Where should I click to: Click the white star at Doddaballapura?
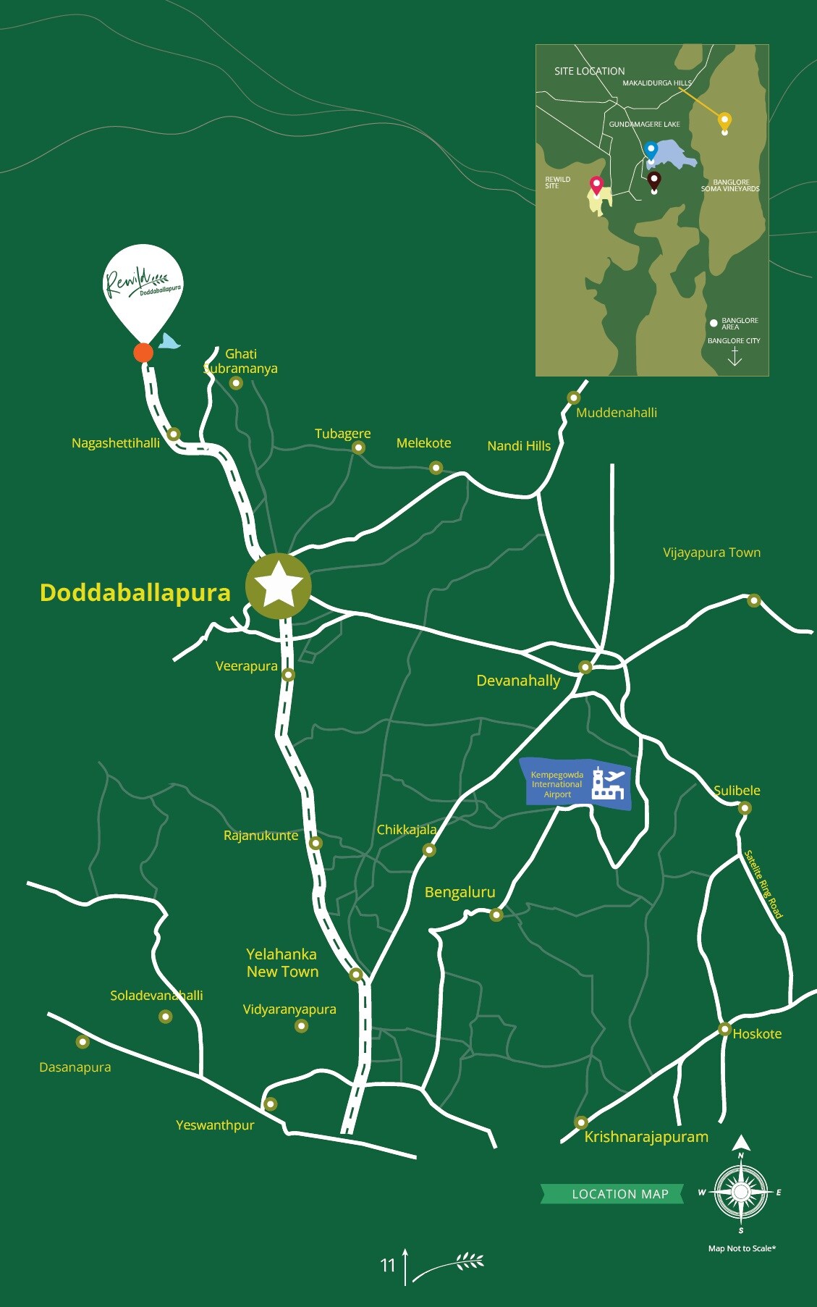click(279, 586)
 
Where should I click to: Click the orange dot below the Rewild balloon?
click(143, 353)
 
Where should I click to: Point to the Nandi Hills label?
click(519, 446)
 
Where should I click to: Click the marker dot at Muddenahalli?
click(574, 398)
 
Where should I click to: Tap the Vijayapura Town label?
click(711, 552)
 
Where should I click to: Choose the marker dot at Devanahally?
click(585, 667)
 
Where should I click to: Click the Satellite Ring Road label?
click(763, 884)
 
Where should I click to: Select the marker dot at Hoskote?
click(724, 1029)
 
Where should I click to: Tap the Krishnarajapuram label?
click(646, 1137)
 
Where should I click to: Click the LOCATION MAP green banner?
click(612, 1194)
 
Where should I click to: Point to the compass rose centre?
click(740, 1192)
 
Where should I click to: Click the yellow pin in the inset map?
click(724, 122)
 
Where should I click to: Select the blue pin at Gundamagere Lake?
click(651, 150)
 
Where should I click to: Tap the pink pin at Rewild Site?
click(596, 185)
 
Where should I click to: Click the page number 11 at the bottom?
click(388, 1265)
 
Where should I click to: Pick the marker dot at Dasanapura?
click(82, 1042)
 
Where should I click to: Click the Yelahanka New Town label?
click(282, 963)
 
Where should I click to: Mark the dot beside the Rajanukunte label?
click(316, 843)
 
